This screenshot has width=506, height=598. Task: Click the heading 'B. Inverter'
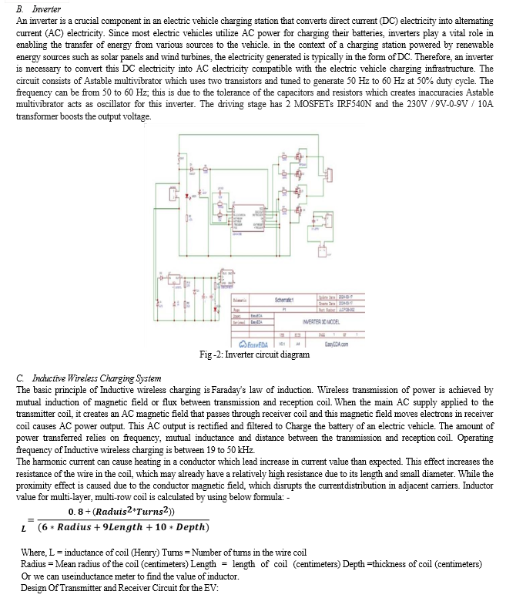(x=39, y=7)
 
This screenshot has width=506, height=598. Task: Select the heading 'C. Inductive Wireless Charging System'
(x=88, y=378)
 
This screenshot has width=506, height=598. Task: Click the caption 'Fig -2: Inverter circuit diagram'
(x=254, y=354)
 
